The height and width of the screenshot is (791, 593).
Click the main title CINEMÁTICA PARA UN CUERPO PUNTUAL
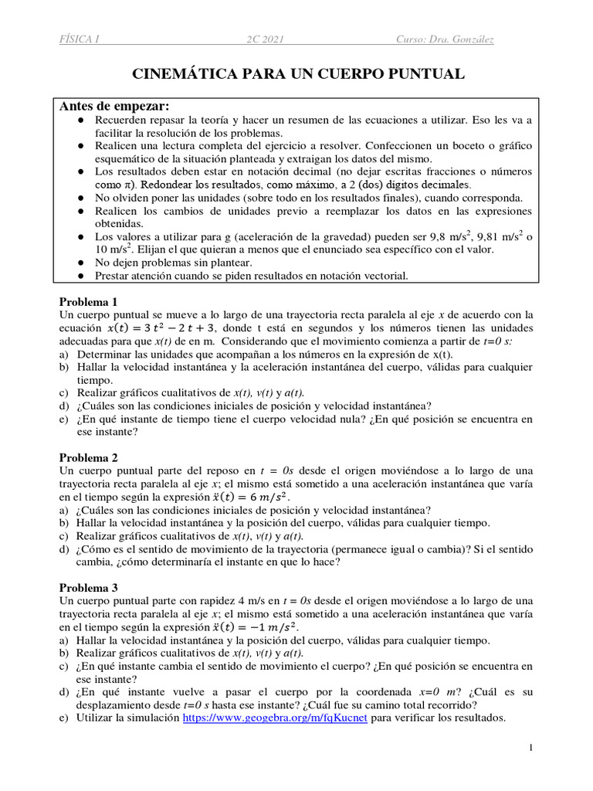(x=300, y=74)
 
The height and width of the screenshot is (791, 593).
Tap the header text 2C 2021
(x=259, y=39)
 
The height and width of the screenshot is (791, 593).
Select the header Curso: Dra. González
(x=446, y=39)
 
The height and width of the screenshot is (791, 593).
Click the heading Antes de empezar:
(x=114, y=106)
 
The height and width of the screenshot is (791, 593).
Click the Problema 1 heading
(x=89, y=301)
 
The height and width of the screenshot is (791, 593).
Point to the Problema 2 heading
(x=89, y=457)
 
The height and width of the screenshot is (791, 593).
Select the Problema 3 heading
(x=89, y=587)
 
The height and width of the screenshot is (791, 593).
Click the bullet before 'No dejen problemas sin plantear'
(x=80, y=263)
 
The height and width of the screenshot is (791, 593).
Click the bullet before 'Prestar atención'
(x=80, y=276)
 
